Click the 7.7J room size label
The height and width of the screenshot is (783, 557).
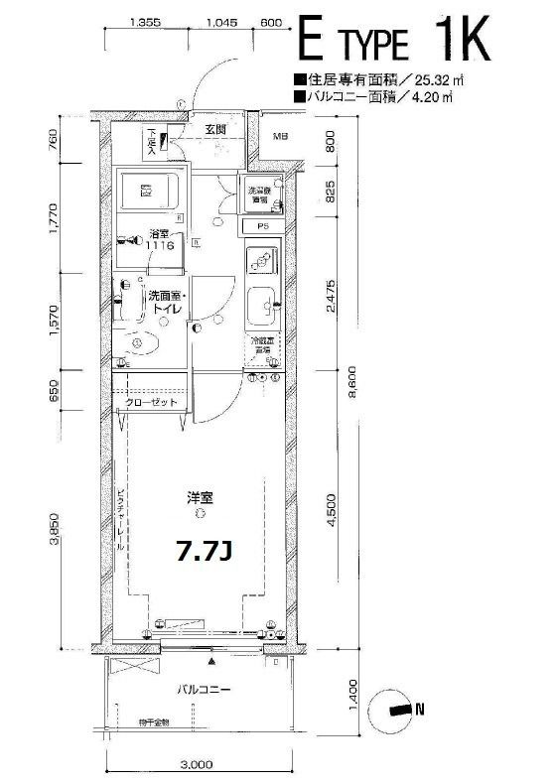[205, 553]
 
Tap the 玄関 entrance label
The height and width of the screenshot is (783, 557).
[217, 129]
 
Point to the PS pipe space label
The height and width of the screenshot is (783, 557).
[263, 226]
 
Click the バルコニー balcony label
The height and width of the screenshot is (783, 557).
[205, 689]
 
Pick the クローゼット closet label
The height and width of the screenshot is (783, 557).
[151, 403]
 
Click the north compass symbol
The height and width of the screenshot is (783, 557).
[394, 709]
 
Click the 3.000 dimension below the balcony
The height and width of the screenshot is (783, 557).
[199, 765]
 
